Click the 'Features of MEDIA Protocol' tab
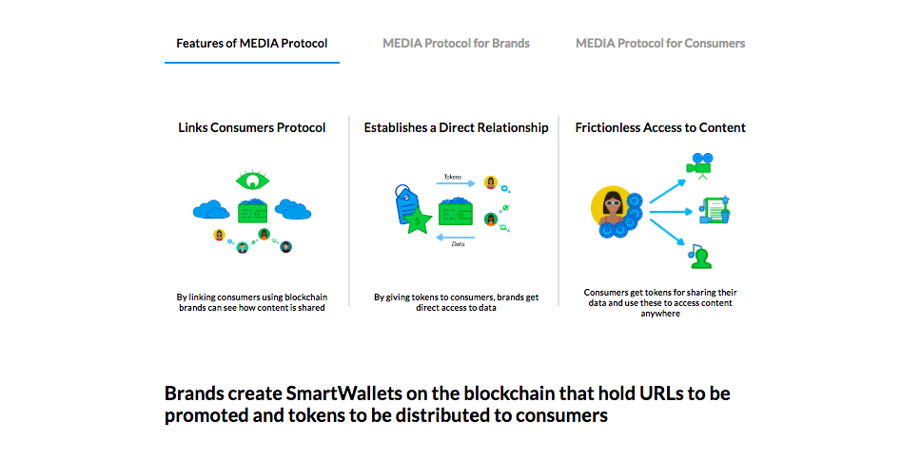pos(252,44)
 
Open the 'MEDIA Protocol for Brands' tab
pos(457,44)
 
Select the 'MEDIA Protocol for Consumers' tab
pos(660,44)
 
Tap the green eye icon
pos(252,181)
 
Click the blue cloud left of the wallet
pos(211,210)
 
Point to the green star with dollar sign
pos(417,220)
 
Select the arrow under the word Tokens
pos(456,183)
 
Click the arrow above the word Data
pos(456,238)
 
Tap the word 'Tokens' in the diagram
pos(453,177)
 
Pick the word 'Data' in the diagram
pos(458,244)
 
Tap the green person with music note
pos(700,257)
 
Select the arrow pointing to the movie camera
pos(668,191)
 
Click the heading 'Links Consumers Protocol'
pos(252,127)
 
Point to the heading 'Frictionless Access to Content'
pos(660,127)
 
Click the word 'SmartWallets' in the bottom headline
pos(343,393)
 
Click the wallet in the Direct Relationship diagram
pos(456,211)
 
